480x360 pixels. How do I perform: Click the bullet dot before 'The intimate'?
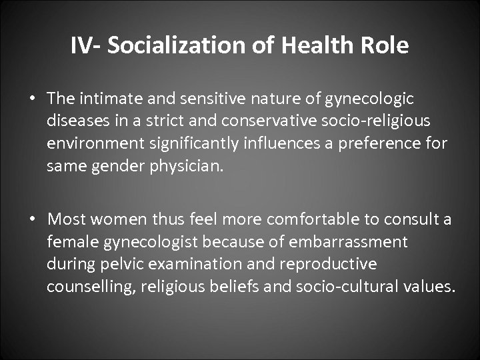click(x=33, y=99)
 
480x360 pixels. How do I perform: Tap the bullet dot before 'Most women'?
click(x=33, y=219)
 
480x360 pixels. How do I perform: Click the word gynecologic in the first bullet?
click(x=369, y=99)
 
